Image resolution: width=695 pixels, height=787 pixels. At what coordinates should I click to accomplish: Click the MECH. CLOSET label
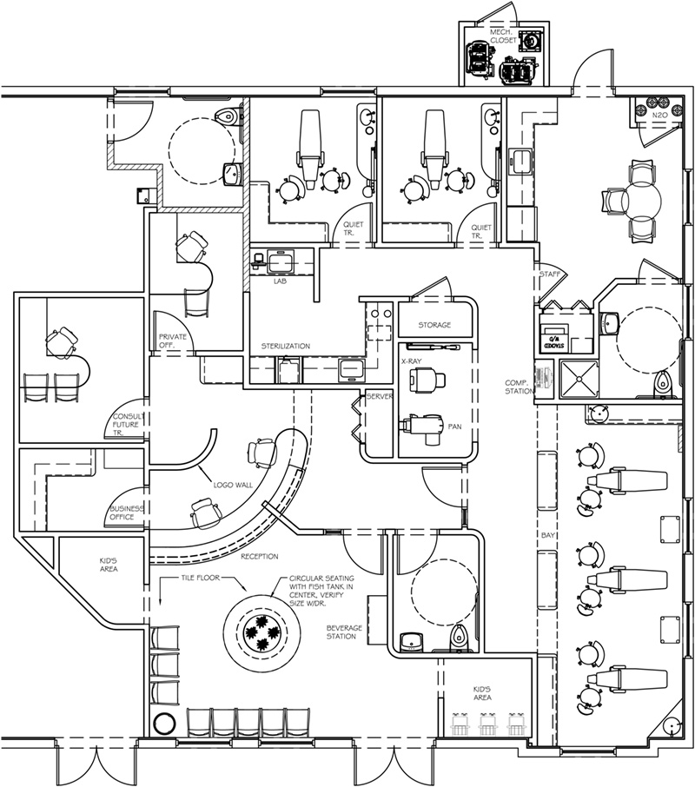tap(504, 36)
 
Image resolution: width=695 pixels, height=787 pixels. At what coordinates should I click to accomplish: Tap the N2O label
tap(659, 114)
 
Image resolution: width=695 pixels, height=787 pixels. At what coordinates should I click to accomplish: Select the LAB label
tap(280, 281)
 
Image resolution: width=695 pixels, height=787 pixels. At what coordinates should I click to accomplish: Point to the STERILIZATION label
tap(286, 347)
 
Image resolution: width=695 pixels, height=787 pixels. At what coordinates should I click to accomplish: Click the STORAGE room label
tap(434, 325)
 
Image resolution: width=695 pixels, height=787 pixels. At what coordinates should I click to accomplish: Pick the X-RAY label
tap(412, 359)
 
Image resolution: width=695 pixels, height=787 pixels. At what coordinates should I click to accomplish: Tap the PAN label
tap(454, 427)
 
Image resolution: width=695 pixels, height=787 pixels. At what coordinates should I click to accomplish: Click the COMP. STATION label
tap(520, 387)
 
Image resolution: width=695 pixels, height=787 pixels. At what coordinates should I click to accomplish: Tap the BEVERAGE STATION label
tap(344, 632)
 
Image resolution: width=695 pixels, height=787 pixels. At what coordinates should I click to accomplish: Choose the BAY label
tap(547, 537)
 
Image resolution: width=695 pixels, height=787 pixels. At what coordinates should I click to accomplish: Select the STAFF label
tap(549, 274)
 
